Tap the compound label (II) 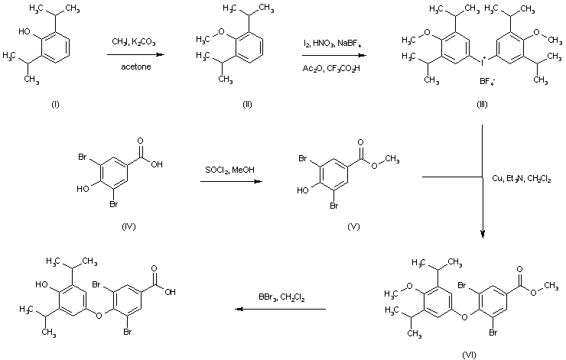coord(246,104)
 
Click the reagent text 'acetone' coord(134,66)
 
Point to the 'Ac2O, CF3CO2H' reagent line coord(330,66)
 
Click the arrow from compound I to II coord(135,55)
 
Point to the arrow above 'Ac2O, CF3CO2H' coord(330,55)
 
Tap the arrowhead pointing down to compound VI coord(483,235)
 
